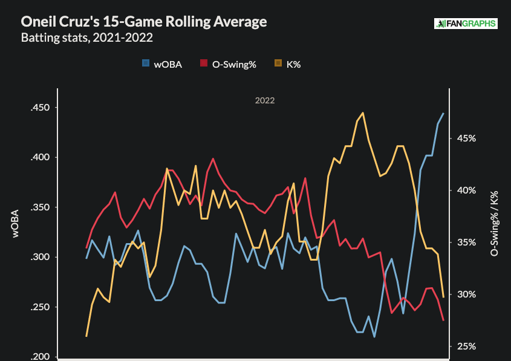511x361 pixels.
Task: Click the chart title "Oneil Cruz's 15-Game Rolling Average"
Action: pyautogui.click(x=143, y=22)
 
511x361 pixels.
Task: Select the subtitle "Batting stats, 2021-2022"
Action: pyautogui.click(x=86, y=38)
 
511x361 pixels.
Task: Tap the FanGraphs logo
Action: pyautogui.click(x=465, y=24)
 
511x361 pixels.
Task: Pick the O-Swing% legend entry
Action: pyautogui.click(x=229, y=64)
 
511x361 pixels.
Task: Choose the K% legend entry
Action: pyautogui.click(x=287, y=64)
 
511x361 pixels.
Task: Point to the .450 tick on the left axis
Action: pyautogui.click(x=40, y=108)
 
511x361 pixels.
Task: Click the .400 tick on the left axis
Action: pyautogui.click(x=40, y=157)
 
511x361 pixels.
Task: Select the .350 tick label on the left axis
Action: pyautogui.click(x=40, y=207)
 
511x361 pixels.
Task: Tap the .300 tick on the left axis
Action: pyautogui.click(x=40, y=257)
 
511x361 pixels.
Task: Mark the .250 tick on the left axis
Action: pyautogui.click(x=40, y=307)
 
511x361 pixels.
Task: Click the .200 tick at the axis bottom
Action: pyautogui.click(x=40, y=357)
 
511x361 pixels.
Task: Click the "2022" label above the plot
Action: pyautogui.click(x=265, y=100)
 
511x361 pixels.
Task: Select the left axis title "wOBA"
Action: pyautogui.click(x=16, y=224)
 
